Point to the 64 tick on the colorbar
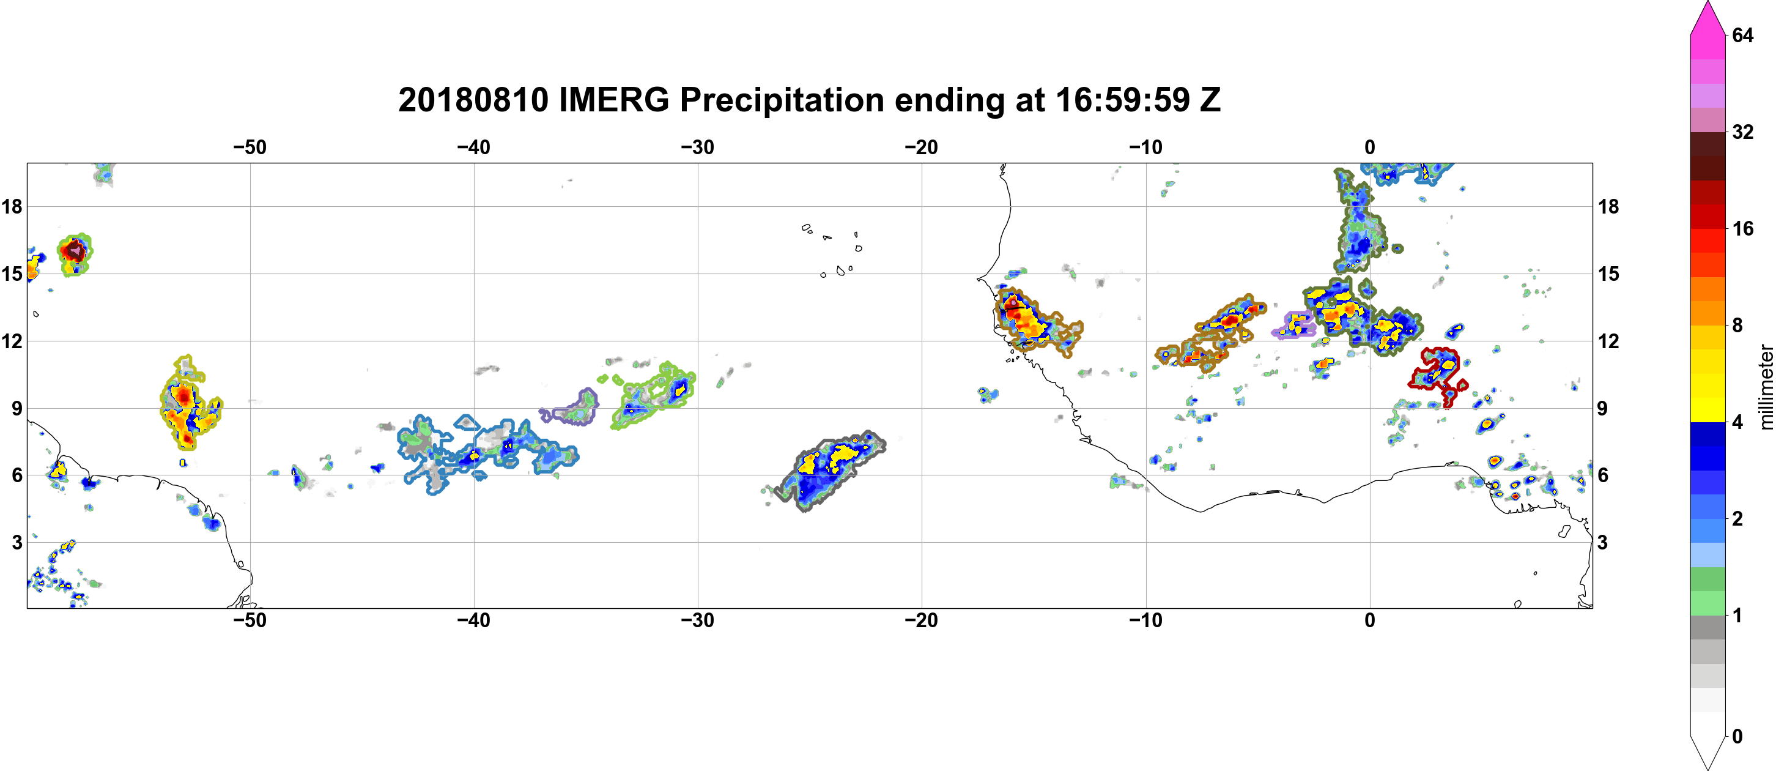tap(1743, 35)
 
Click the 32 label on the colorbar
tap(1743, 132)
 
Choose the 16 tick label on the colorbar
tap(1743, 228)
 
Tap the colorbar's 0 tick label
tap(1737, 736)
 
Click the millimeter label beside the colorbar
tap(1766, 387)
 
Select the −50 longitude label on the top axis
tap(250, 147)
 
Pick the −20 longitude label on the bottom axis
tap(922, 620)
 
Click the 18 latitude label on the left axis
tap(12, 206)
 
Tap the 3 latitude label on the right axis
tap(1602, 542)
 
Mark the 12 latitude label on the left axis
tap(12, 341)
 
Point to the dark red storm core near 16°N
tap(74, 250)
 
